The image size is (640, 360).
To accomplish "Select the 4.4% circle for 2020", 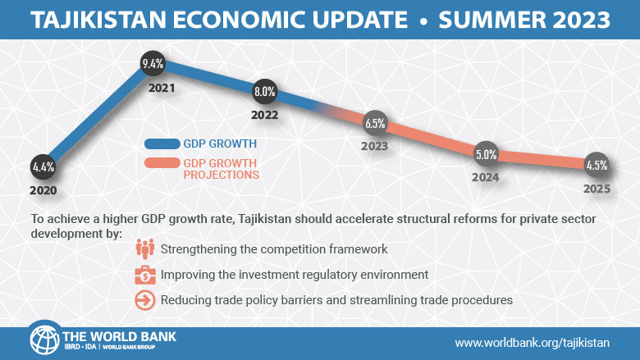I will coord(43,166).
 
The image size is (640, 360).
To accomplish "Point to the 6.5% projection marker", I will coord(375,124).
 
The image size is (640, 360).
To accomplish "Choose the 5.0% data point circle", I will coord(486,153).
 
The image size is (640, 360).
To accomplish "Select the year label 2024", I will coord(486,175).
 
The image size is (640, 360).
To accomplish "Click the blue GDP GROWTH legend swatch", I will coord(162,144).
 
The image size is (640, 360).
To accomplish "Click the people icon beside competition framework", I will coord(145,248).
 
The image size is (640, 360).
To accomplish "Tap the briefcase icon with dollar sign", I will coord(145,275).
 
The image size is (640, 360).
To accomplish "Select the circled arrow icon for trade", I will coord(145,300).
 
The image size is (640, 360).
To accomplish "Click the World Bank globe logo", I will coord(44,339).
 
